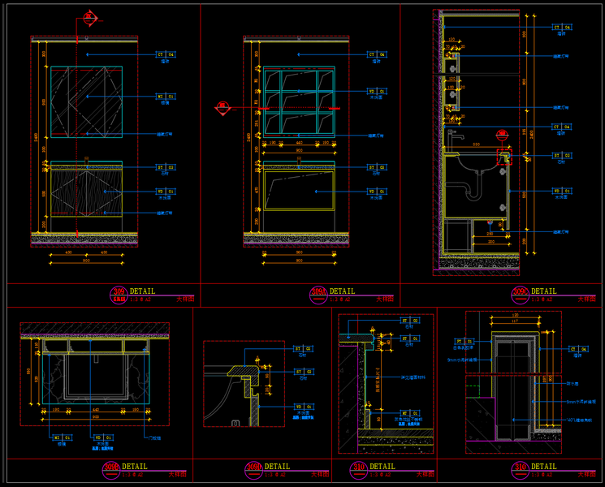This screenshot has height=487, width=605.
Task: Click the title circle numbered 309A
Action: (318, 293)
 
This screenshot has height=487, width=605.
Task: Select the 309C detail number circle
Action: (520, 293)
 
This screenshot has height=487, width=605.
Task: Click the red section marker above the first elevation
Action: (88, 18)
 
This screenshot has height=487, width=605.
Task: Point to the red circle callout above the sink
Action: (502, 133)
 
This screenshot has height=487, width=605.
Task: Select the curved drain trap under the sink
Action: (473, 188)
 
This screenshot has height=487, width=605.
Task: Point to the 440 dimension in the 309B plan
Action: (95, 411)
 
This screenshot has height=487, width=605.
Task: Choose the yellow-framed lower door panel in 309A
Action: (300, 191)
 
